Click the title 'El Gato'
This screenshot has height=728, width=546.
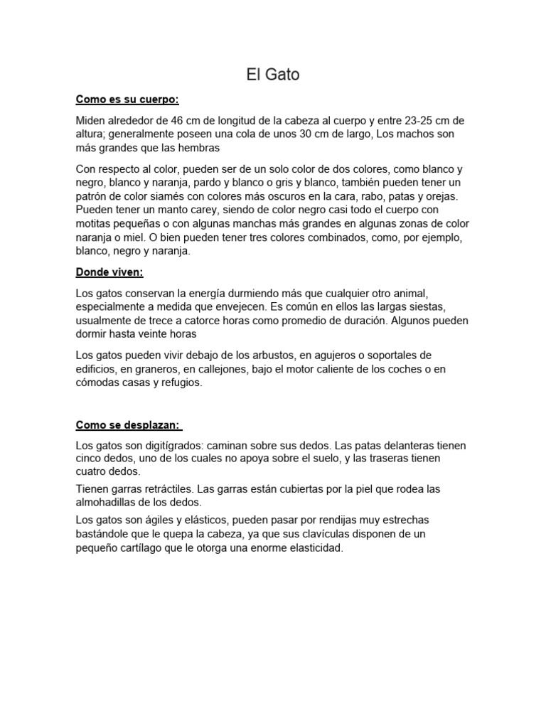click(x=273, y=74)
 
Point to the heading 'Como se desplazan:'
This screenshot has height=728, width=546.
click(x=128, y=425)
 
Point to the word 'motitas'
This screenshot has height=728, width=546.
click(x=94, y=224)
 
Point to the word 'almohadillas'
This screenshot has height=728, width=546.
click(x=107, y=502)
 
